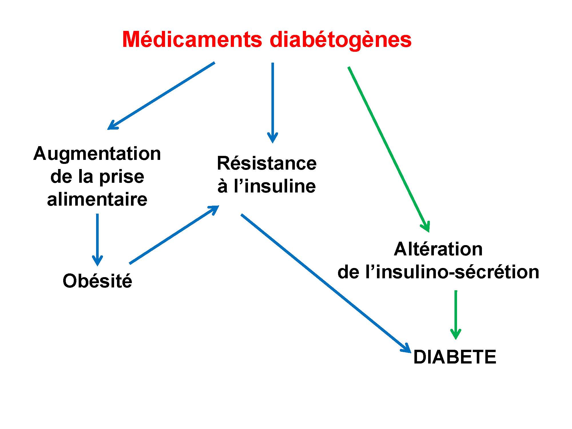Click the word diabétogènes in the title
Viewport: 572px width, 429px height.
pyautogui.click(x=340, y=40)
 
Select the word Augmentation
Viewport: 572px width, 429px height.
pyautogui.click(x=97, y=154)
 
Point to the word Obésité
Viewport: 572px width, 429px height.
pyautogui.click(x=97, y=281)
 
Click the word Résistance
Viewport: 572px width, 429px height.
pyautogui.click(x=267, y=164)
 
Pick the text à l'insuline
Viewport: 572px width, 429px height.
pyautogui.click(x=267, y=186)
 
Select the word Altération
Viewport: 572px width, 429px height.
pyautogui.click(x=438, y=249)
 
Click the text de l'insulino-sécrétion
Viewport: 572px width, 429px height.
pyautogui.click(x=438, y=272)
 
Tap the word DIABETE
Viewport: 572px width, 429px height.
pyautogui.click(x=455, y=357)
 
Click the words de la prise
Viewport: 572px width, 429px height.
pyautogui.click(x=97, y=177)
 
